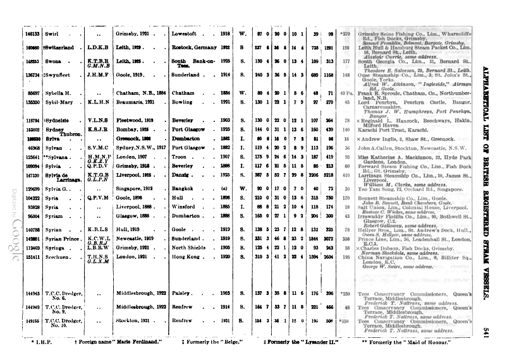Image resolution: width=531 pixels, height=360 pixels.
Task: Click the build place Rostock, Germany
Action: point(193,47)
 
